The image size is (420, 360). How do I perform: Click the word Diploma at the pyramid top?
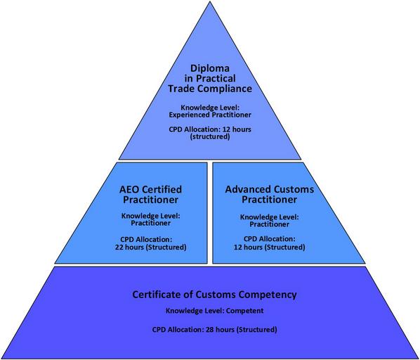(x=210, y=68)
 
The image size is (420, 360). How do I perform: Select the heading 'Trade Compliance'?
(x=210, y=89)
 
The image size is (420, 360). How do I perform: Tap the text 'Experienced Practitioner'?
(x=210, y=115)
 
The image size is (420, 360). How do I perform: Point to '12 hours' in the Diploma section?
(x=237, y=129)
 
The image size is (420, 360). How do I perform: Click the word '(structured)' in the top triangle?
(x=210, y=136)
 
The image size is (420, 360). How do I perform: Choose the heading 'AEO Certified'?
(x=150, y=190)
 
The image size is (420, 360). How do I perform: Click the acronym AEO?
(x=129, y=190)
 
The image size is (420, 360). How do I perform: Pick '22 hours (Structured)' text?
(x=150, y=247)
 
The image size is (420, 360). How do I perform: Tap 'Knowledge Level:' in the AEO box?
(x=150, y=216)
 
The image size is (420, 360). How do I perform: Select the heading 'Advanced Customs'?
(x=269, y=189)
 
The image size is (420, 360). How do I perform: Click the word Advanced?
(x=247, y=189)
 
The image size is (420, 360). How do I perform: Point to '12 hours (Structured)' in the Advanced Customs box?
(x=269, y=247)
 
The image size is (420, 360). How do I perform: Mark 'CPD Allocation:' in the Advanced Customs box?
(x=269, y=238)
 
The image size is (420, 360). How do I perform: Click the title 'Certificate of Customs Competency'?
(x=214, y=295)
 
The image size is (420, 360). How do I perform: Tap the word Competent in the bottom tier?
(x=245, y=311)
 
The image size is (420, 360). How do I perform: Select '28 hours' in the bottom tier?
(x=220, y=329)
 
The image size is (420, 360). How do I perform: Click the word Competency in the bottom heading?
(x=268, y=295)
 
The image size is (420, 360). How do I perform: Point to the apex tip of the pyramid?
(x=211, y=1)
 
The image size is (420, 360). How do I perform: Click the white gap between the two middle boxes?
(x=210, y=213)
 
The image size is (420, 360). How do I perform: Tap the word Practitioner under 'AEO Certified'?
(x=150, y=200)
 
